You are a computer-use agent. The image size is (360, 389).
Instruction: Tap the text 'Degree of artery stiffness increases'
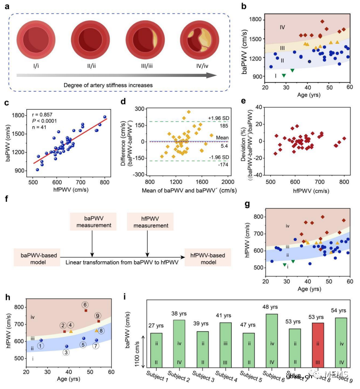[x=108, y=85]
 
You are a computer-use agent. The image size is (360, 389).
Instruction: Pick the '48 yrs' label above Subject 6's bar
[x=271, y=306]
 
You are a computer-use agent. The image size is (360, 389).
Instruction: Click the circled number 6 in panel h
[x=85, y=304]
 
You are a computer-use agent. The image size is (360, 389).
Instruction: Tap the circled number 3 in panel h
[x=67, y=352]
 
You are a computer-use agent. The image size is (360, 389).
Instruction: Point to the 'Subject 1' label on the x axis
[x=157, y=376]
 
